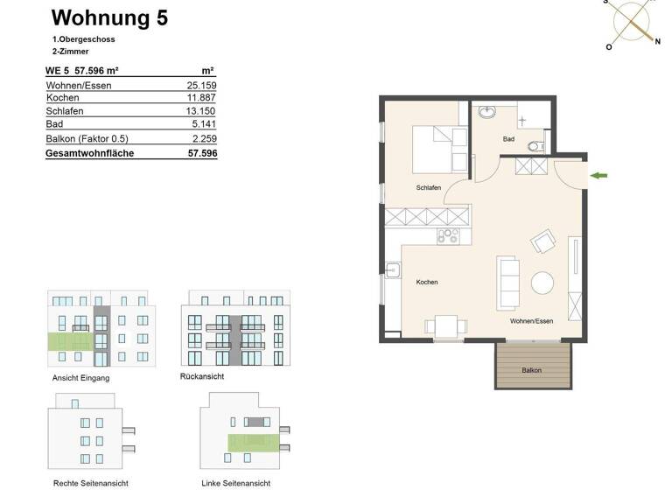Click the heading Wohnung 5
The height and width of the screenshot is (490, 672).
click(x=109, y=17)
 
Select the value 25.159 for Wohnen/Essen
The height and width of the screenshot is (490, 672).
click(x=201, y=86)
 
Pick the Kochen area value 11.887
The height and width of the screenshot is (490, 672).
click(x=201, y=98)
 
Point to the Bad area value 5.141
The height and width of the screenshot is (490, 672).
click(x=204, y=124)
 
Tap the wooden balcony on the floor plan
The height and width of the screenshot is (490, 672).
click(x=532, y=364)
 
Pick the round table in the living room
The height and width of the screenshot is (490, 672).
click(x=542, y=283)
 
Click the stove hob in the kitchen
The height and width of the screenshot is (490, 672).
click(x=447, y=234)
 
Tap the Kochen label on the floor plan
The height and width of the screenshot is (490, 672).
click(x=427, y=283)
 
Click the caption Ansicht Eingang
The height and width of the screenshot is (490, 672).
click(x=81, y=378)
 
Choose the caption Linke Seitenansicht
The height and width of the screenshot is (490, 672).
click(x=235, y=483)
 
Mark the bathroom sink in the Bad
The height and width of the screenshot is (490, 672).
click(x=487, y=113)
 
